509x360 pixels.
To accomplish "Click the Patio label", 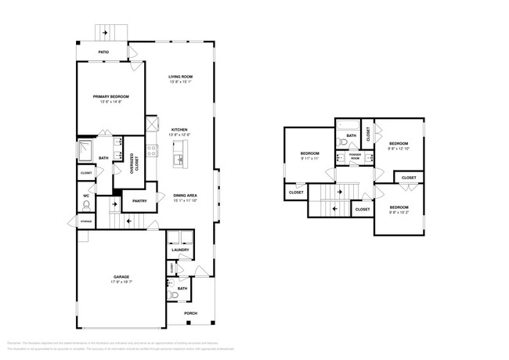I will pyautogui.click(x=103, y=52).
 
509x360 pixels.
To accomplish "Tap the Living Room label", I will pyautogui.click(x=180, y=77).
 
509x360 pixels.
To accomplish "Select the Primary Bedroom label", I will pyautogui.click(x=110, y=96).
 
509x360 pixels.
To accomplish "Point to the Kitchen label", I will pyautogui.click(x=180, y=130).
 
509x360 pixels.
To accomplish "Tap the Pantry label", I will pyautogui.click(x=139, y=201).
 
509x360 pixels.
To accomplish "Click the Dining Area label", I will pyautogui.click(x=185, y=195).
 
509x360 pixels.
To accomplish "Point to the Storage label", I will pyautogui.click(x=85, y=222).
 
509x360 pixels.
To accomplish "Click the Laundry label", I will pyautogui.click(x=181, y=250).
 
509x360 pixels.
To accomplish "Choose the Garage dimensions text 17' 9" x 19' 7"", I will pyautogui.click(x=121, y=282).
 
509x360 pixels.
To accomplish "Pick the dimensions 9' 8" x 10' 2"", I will pyautogui.click(x=399, y=212).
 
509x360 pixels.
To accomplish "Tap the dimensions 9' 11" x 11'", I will pyautogui.click(x=309, y=159).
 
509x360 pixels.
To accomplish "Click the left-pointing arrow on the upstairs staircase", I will pyautogui.click(x=335, y=208).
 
